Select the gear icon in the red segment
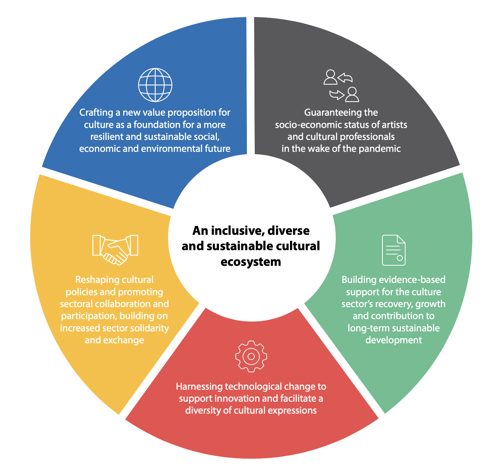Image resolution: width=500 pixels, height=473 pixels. tap(251, 356)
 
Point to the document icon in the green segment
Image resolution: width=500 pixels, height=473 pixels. tap(393, 250)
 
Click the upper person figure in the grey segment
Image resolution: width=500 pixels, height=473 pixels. tap(330, 77)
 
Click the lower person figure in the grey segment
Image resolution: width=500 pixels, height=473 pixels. tap(352, 95)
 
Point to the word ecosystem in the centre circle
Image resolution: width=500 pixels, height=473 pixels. tap(251, 262)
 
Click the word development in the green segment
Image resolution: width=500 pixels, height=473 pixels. tap(393, 340)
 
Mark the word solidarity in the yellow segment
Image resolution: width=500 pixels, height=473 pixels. tap(152, 328)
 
